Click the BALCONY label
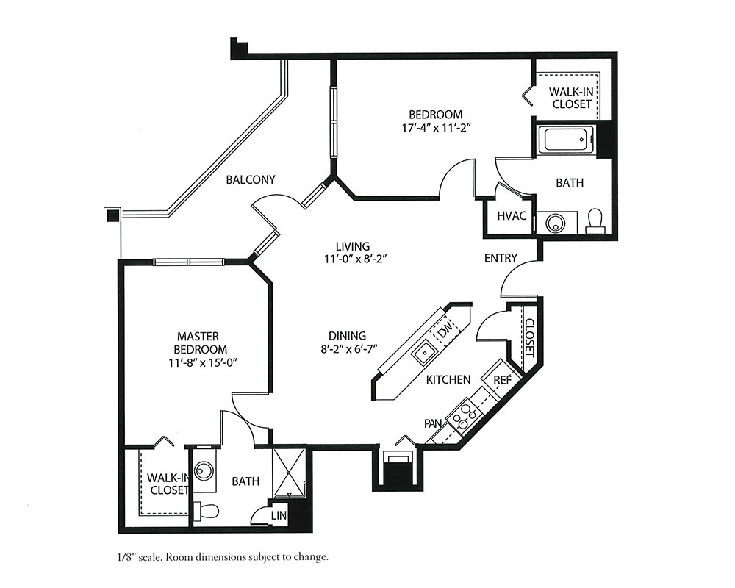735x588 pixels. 251,179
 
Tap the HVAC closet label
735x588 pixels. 512,216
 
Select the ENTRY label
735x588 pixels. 501,258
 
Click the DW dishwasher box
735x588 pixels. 445,331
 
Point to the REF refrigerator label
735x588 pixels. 503,380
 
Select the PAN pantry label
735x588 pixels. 433,423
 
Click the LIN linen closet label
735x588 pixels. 279,515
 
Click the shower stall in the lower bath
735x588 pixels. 289,473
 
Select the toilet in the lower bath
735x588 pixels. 207,511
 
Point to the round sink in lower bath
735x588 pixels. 204,471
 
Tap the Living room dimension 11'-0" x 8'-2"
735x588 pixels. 355,259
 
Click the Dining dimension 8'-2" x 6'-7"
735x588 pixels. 347,348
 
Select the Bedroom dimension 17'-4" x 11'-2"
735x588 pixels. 436,128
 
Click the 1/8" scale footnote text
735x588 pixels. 223,558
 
